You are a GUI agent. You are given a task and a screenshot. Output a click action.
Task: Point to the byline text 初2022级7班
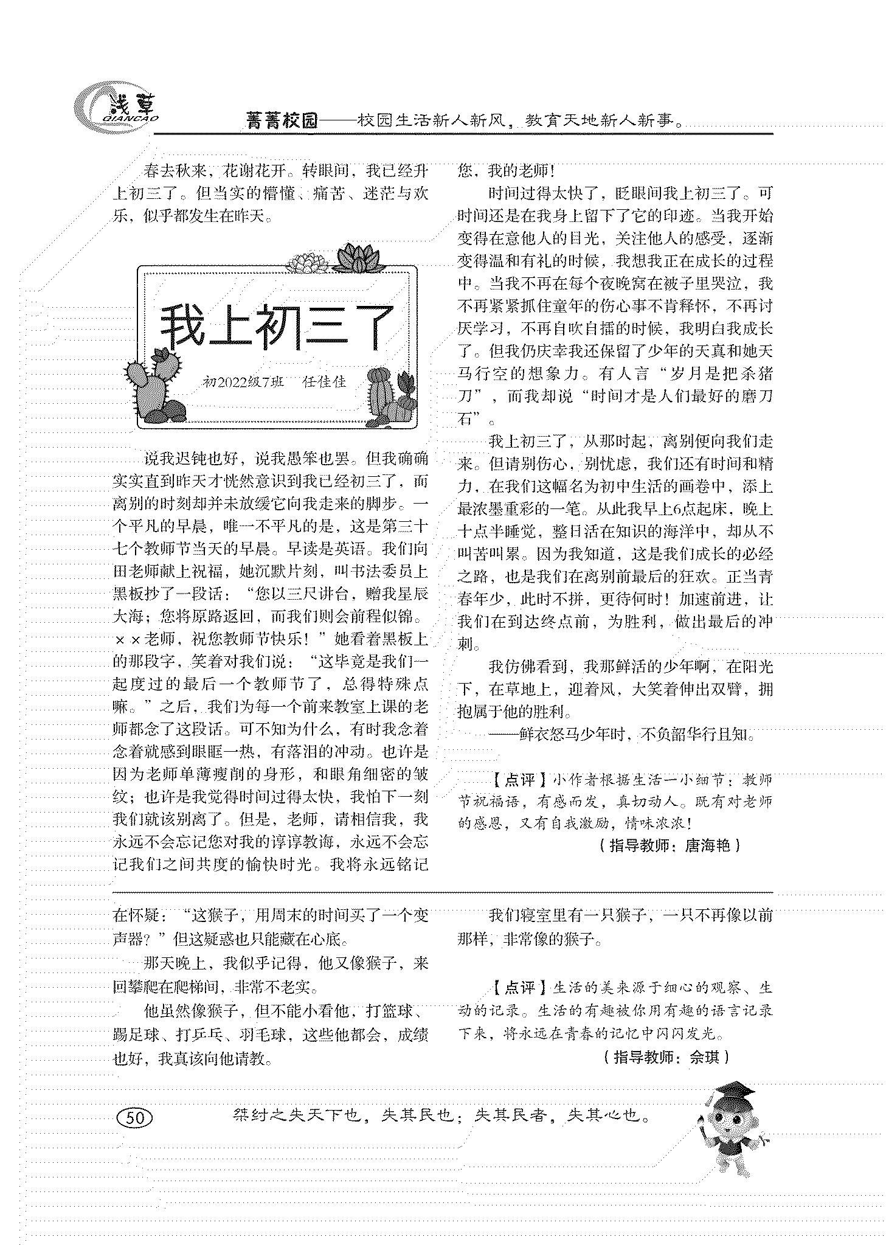pos(243,382)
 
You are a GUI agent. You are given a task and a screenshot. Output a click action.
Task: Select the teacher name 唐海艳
pos(707,845)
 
